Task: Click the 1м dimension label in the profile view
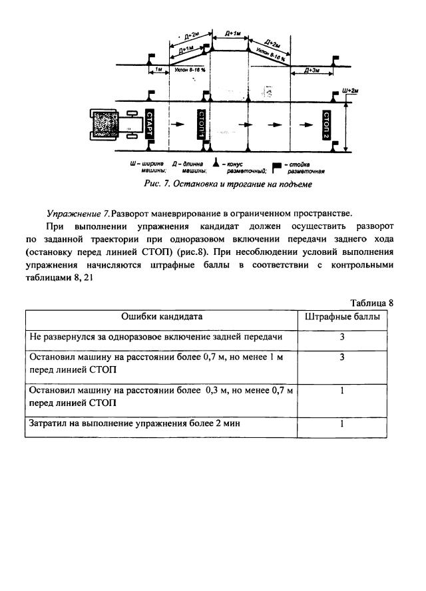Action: coord(157,69)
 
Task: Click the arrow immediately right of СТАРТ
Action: coord(174,124)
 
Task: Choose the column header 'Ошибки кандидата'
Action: coord(162,317)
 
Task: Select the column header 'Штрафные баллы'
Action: coord(342,317)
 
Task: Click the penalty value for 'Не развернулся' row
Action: coord(341,337)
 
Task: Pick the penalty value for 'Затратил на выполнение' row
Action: coord(341,423)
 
